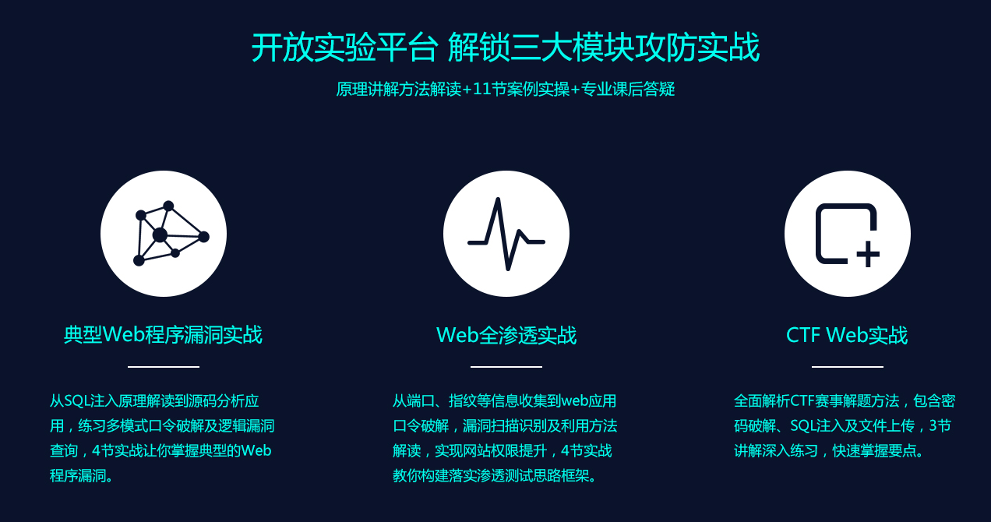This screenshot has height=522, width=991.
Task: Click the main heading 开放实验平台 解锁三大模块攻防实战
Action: click(505, 48)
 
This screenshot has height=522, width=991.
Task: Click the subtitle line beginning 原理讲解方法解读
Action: click(505, 89)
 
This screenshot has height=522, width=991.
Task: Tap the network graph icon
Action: click(164, 234)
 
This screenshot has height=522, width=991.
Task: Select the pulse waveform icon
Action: click(506, 234)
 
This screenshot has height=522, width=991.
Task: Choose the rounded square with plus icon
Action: click(847, 234)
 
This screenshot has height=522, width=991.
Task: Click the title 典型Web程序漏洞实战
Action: click(163, 335)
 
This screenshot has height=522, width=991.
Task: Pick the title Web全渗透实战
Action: click(506, 335)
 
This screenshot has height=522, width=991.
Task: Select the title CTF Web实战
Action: click(847, 335)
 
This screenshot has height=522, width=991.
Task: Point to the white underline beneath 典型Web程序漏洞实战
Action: click(164, 366)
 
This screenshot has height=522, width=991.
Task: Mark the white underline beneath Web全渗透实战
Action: click(506, 366)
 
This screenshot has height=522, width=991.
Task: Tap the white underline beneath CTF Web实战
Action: click(848, 366)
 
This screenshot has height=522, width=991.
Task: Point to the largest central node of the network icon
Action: click(160, 235)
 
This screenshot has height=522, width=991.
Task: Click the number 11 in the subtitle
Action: click(481, 89)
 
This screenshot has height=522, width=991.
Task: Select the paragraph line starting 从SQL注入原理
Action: click(154, 401)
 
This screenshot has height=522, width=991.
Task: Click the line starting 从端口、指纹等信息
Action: click(504, 401)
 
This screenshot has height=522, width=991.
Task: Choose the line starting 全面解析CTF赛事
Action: click(845, 401)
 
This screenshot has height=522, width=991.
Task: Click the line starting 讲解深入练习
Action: click(831, 450)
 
